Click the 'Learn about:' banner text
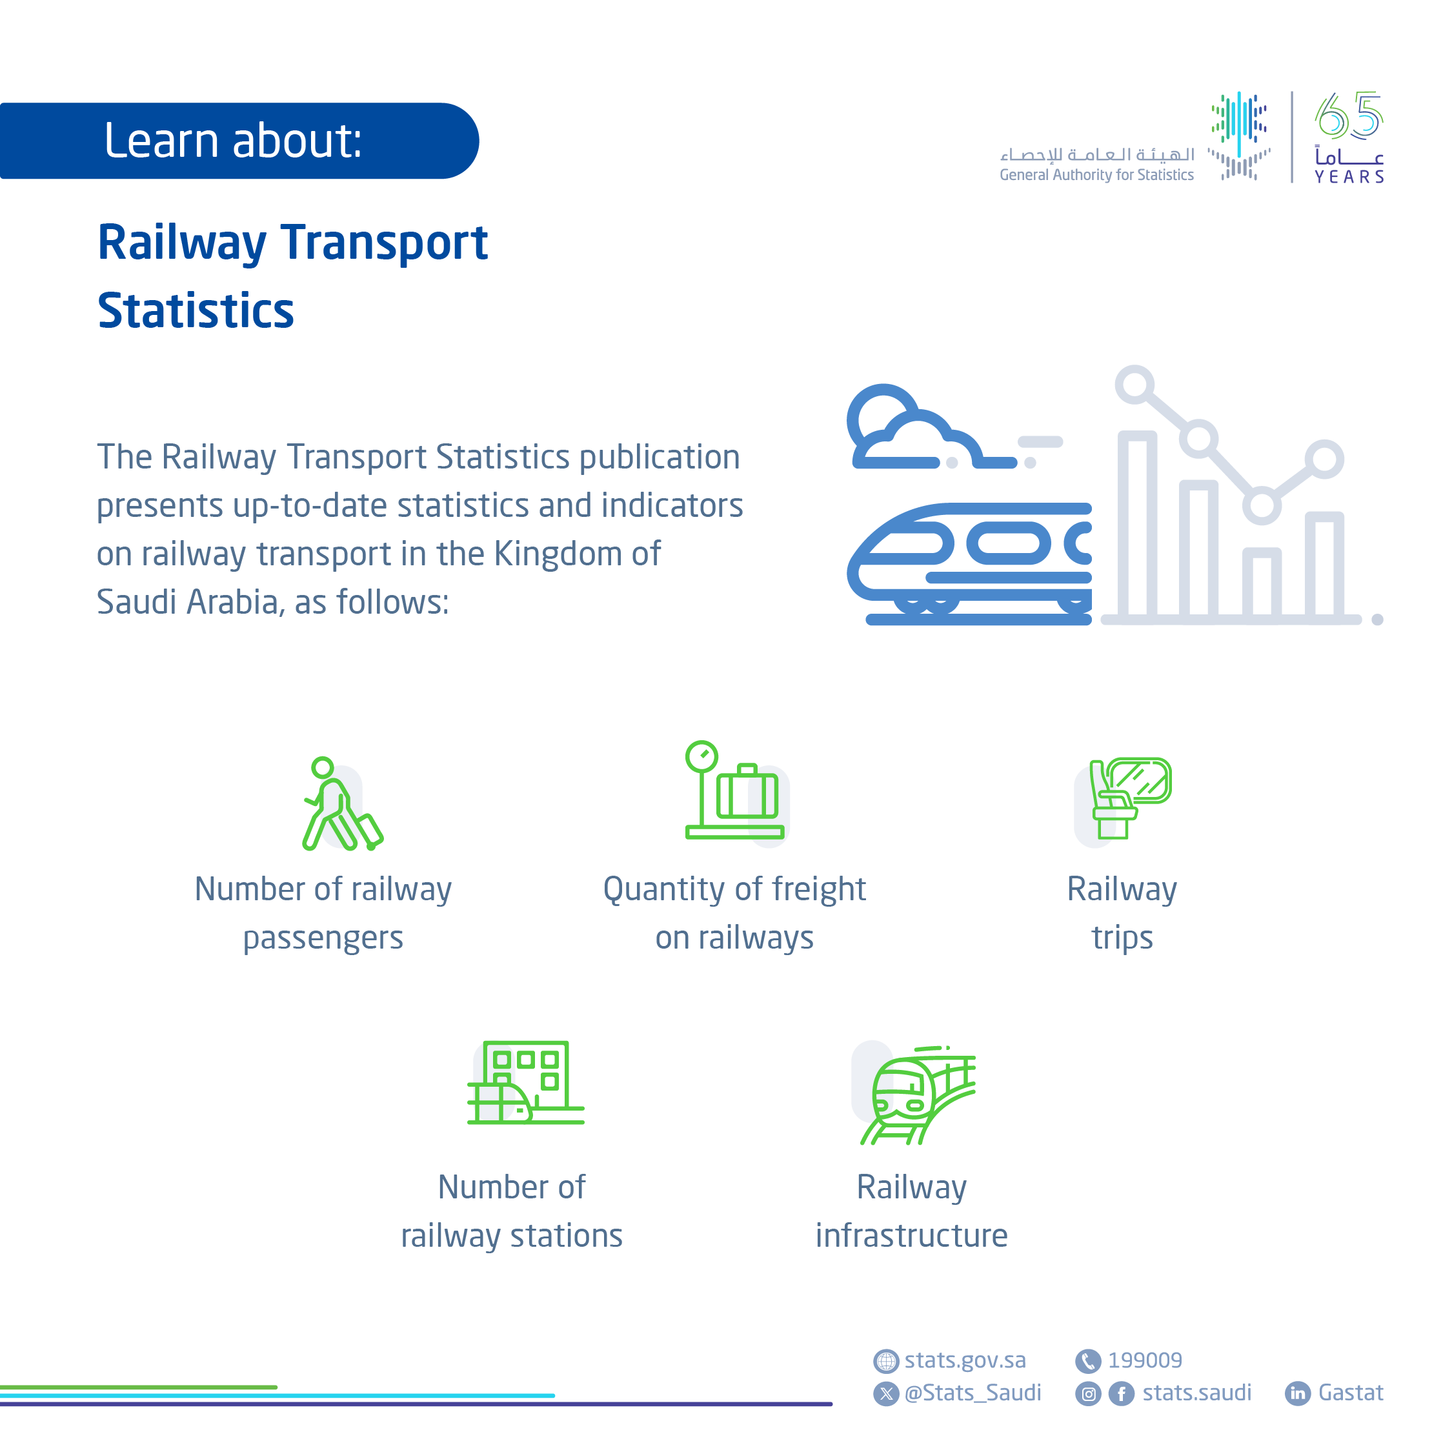coord(233,141)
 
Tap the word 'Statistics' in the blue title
coord(196,310)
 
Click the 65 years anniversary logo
coord(1348,137)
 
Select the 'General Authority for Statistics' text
coord(1096,175)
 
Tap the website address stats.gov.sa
coord(964,1360)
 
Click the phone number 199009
coord(1145,1360)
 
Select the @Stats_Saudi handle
coord(973,1393)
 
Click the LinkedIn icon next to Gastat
coord(1297,1393)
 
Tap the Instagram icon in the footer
coord(1087,1394)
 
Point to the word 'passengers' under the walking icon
coord(323,938)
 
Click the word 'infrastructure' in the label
coord(911,1236)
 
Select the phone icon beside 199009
coord(1087,1361)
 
